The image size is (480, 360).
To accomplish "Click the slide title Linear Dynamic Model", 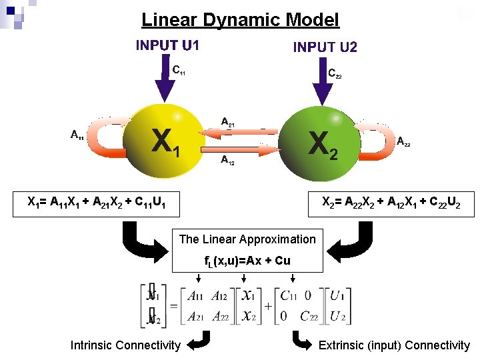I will point(240,20).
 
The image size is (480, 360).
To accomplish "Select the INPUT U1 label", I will point(167,46).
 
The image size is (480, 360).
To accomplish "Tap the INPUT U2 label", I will point(325,47).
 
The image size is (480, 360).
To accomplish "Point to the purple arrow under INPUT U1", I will point(164,83).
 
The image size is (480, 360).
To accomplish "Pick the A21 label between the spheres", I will point(227,122).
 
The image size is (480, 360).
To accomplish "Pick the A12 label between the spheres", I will point(227,160).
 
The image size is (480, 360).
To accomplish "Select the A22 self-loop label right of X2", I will point(403,141).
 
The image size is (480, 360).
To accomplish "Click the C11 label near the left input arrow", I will point(179,69).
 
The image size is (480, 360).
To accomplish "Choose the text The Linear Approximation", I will point(247,239).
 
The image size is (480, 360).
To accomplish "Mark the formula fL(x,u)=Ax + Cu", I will point(247,260).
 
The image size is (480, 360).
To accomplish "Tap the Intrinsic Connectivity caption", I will point(125,345).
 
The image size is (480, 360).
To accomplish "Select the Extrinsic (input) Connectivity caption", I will point(394,345).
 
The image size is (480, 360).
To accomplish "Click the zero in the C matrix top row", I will point(307,296).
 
